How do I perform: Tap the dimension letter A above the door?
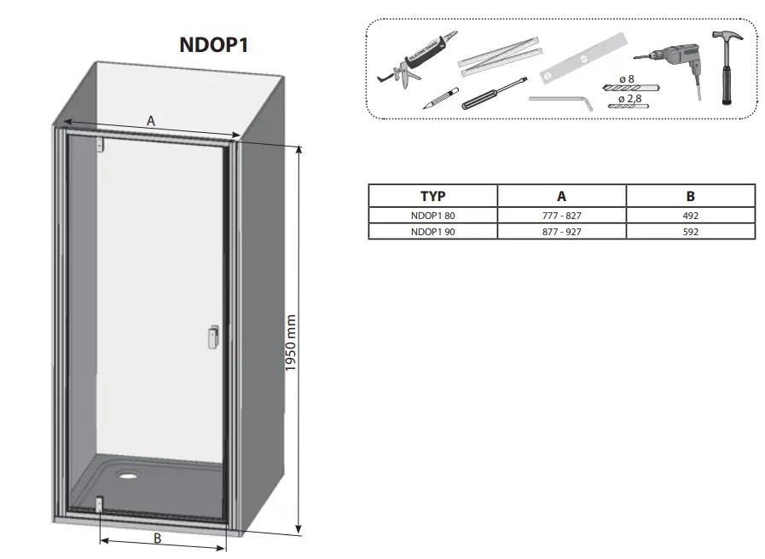pyautogui.click(x=151, y=121)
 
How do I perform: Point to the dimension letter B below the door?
pyautogui.click(x=157, y=538)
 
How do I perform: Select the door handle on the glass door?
pyautogui.click(x=213, y=336)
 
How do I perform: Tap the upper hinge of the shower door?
pyautogui.click(x=100, y=143)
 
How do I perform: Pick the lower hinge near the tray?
pyautogui.click(x=101, y=504)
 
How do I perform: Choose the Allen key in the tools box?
pyautogui.click(x=563, y=101)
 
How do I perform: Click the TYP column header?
pyautogui.click(x=432, y=196)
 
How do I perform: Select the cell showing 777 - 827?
pyautogui.click(x=561, y=216)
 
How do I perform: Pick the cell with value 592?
pyautogui.click(x=690, y=231)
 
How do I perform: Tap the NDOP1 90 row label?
pyautogui.click(x=432, y=231)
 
